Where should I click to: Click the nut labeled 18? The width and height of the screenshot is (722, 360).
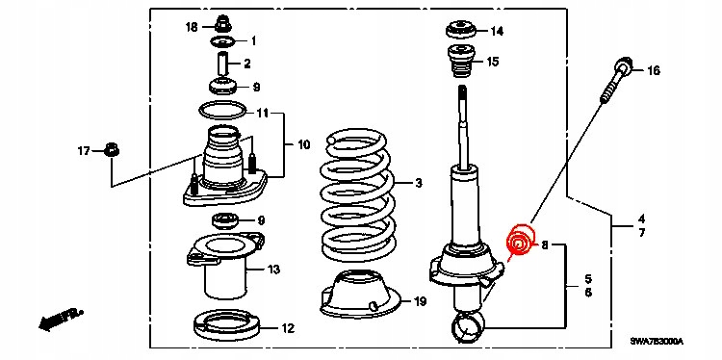click(x=223, y=23)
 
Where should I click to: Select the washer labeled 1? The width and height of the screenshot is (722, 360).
click(x=223, y=42)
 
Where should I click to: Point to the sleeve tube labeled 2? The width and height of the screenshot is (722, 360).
click(x=223, y=64)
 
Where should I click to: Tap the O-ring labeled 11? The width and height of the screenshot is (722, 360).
click(x=222, y=111)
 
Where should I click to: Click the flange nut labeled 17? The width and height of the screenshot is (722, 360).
click(x=112, y=149)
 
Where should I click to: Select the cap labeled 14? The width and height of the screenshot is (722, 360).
click(x=461, y=31)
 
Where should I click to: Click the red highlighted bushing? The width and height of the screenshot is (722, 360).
click(x=519, y=240)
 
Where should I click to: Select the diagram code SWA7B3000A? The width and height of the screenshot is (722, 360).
click(x=657, y=342)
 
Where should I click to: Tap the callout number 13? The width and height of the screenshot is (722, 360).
click(x=273, y=270)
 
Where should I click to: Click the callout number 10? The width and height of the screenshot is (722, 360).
click(x=304, y=145)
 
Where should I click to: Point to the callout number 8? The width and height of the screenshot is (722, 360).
click(x=545, y=246)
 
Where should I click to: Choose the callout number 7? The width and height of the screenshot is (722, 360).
click(x=642, y=233)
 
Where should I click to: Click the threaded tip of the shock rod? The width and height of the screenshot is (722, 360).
click(x=463, y=97)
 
